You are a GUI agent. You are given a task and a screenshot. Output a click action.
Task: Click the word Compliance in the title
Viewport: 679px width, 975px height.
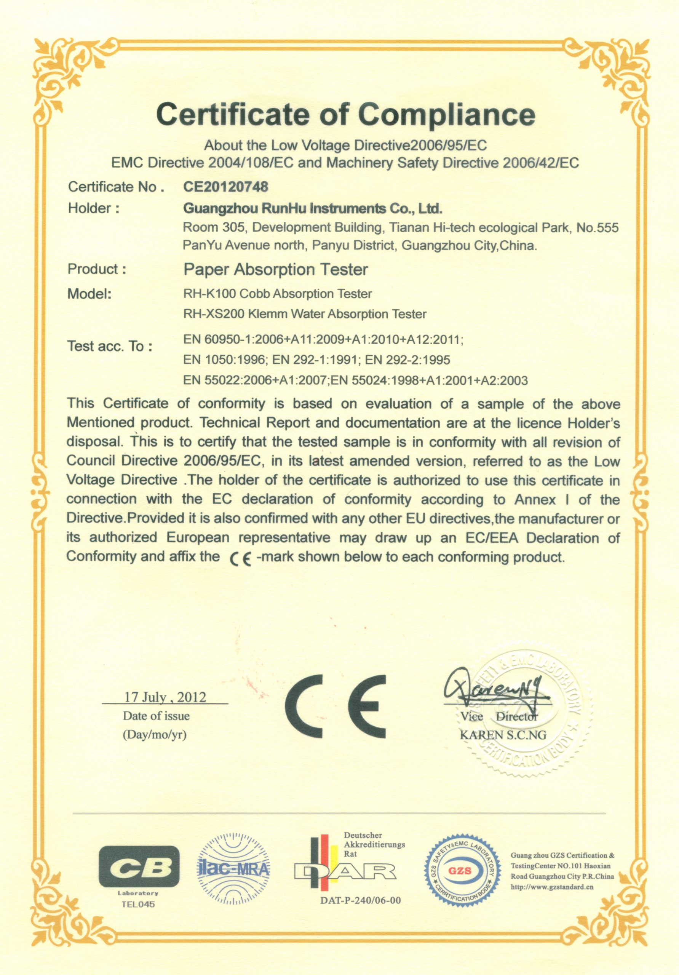coord(446,114)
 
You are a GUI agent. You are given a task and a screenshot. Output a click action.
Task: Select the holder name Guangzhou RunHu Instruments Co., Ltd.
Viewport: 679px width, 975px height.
coord(313,208)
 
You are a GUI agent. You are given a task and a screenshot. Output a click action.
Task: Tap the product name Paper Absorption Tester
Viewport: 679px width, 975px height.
coord(276,269)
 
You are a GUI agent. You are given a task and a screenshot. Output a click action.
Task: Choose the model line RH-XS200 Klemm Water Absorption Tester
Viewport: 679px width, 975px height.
coord(305,314)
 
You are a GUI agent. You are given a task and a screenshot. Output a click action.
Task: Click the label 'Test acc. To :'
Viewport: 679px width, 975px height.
coord(110,346)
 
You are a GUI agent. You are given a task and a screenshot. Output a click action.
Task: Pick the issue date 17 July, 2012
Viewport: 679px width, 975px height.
coord(165,697)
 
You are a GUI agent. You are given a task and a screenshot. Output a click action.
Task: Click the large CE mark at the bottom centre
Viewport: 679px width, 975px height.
coord(335,706)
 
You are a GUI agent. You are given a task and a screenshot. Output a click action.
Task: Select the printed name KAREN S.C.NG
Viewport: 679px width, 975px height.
coord(503,735)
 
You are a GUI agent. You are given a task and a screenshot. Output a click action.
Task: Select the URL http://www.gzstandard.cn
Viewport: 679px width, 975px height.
coord(552,887)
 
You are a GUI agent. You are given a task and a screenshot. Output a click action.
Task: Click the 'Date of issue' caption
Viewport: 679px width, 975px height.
coord(156,716)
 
